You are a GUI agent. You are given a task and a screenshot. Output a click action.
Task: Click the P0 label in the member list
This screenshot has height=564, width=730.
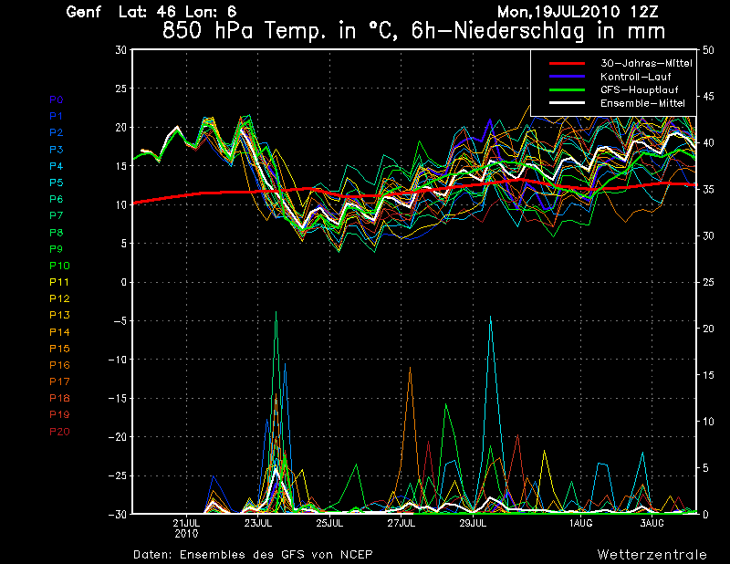[x=56, y=99]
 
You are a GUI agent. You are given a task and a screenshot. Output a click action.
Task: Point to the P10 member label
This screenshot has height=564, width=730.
[x=58, y=265]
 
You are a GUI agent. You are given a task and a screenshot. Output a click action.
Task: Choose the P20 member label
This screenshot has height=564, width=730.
[x=58, y=431]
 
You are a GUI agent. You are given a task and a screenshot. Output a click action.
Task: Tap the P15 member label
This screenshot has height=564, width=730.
[x=58, y=348]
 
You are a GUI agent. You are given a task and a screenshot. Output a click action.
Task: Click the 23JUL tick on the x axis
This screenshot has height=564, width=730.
[x=258, y=523]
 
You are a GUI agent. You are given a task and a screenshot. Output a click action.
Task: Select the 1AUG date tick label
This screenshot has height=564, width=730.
[x=580, y=523]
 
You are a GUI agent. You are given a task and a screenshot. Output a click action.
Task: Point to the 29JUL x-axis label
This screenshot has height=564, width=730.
[x=473, y=523]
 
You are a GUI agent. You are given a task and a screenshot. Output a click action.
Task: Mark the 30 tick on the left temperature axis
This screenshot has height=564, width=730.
[x=120, y=50]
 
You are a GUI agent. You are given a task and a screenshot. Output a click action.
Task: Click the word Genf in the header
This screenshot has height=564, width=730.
[x=83, y=13]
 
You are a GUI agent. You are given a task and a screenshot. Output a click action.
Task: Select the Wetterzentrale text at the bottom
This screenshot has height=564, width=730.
[x=652, y=554]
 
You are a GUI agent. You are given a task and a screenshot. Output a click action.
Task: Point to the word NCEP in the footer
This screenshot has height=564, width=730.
[x=355, y=554]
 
